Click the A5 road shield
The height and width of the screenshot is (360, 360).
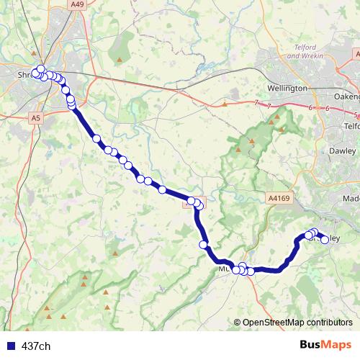[x=35, y=117]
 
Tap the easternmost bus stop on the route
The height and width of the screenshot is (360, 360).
[x=325, y=240]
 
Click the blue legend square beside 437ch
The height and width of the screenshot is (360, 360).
[x=10, y=346]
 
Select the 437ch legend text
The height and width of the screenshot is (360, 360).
[x=36, y=346]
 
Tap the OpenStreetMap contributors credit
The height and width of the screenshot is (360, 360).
[x=297, y=323]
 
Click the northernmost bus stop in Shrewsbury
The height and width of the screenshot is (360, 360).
[x=41, y=68]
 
